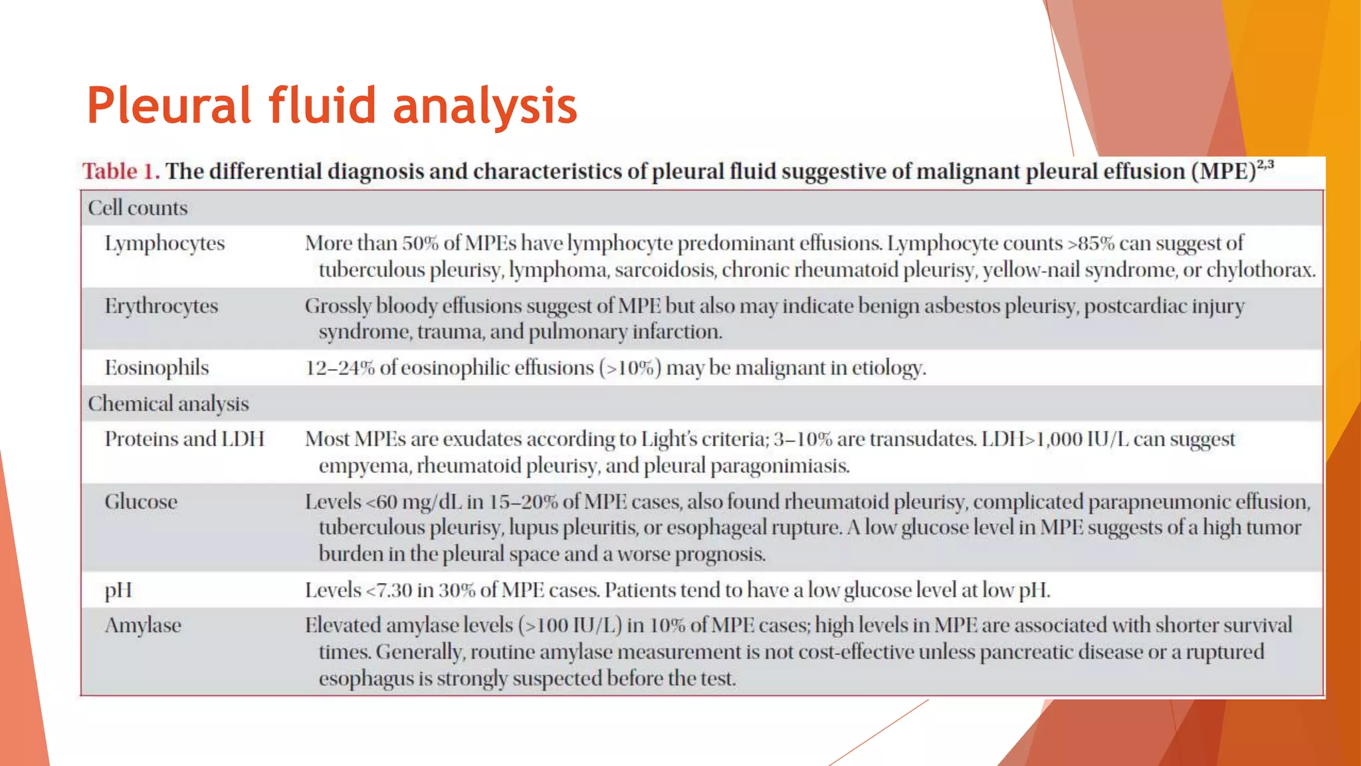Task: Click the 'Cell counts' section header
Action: pos(138,208)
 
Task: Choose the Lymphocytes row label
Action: pos(165,244)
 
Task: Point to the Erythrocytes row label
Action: pos(161,306)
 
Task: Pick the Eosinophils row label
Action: pos(157,368)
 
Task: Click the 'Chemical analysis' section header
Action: pos(168,404)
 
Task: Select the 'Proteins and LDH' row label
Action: pos(185,439)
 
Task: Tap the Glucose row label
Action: pos(141,501)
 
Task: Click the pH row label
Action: pos(118,590)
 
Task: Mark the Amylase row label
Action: pos(143,626)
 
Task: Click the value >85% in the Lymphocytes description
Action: pos(1091,243)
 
